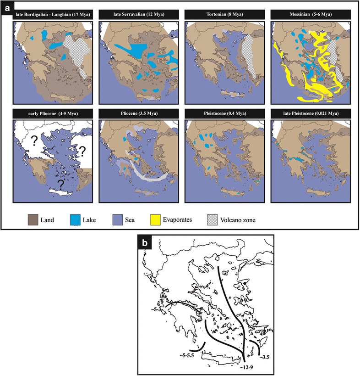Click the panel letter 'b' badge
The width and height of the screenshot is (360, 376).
click(145, 242)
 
